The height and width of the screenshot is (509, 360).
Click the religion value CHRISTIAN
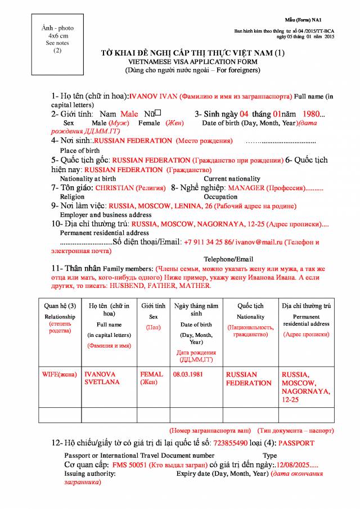[115, 188]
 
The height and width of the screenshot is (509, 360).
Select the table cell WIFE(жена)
[60, 374]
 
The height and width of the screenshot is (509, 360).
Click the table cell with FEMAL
[151, 374]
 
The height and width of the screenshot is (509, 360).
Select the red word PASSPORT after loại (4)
[296, 443]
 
